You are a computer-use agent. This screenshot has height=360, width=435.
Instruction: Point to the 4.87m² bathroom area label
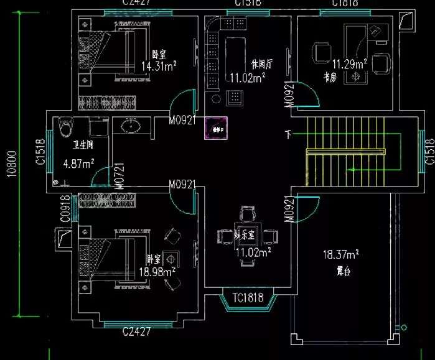pyautogui.click(x=78, y=164)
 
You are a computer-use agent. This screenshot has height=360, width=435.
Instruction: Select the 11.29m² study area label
pyautogui.click(x=349, y=64)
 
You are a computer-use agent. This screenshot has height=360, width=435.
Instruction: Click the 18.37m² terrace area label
pyautogui.click(x=340, y=254)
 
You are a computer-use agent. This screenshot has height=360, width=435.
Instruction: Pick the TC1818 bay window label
pyautogui.click(x=248, y=298)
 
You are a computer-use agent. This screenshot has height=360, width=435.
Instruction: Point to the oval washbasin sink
pyautogui.click(x=131, y=127)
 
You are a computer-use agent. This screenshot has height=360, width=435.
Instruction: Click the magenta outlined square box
pyautogui.click(x=217, y=129)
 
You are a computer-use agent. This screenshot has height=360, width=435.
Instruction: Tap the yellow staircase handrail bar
pyautogui.click(x=345, y=151)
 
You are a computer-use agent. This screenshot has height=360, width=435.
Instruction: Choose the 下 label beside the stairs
pyautogui.click(x=288, y=134)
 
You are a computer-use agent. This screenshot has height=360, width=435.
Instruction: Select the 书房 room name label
pyautogui.click(x=330, y=77)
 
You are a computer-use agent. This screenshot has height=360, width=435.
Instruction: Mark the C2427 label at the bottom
pyautogui.click(x=136, y=332)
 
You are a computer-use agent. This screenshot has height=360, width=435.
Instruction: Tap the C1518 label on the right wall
pyautogui.click(x=429, y=151)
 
